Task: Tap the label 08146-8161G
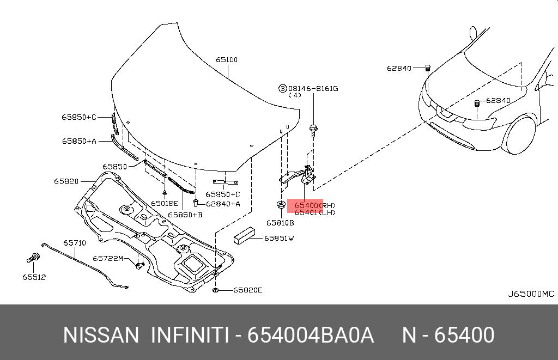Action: (x=313, y=88)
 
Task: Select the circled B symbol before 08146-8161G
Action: (x=283, y=88)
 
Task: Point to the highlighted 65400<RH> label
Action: (x=315, y=205)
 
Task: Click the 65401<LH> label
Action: (x=315, y=213)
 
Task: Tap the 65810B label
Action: (x=280, y=223)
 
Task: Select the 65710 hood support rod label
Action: (x=74, y=243)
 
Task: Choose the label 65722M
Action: (x=108, y=258)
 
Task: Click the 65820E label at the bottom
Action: (x=247, y=290)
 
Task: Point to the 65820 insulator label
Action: (x=66, y=181)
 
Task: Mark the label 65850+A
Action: (x=79, y=141)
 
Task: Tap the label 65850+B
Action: (x=185, y=215)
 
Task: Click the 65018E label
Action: (x=165, y=203)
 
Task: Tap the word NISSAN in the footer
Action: (x=101, y=335)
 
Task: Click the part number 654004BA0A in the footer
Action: (x=311, y=335)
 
